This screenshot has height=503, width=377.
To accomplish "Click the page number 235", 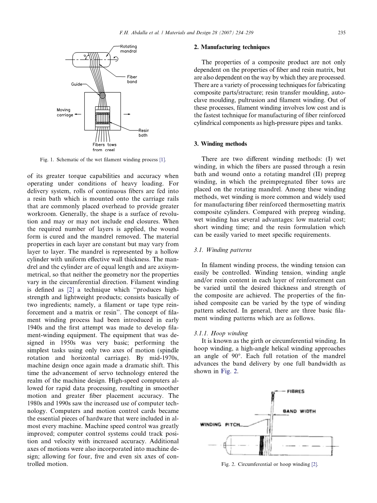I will [342, 33].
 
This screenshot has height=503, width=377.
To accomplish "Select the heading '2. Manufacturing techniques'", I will [231, 47].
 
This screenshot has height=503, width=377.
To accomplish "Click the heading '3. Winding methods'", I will [220, 144].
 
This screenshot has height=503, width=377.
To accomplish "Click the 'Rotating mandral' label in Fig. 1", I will [128, 49].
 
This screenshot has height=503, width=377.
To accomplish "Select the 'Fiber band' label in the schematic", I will [132, 79].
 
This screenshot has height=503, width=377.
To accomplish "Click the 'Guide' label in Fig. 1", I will [76, 84].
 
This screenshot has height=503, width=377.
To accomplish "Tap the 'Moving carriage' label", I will [64, 113].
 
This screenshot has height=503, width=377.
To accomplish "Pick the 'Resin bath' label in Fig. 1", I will [143, 133].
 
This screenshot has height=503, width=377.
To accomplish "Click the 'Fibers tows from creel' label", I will [104, 147].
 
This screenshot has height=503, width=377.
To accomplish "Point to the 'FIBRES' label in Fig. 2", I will [295, 391].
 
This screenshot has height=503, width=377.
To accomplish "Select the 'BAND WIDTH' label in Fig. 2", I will [299, 411].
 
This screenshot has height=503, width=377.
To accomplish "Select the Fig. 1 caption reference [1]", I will [162, 160].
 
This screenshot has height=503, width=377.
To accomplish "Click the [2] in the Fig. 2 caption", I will [314, 464].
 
